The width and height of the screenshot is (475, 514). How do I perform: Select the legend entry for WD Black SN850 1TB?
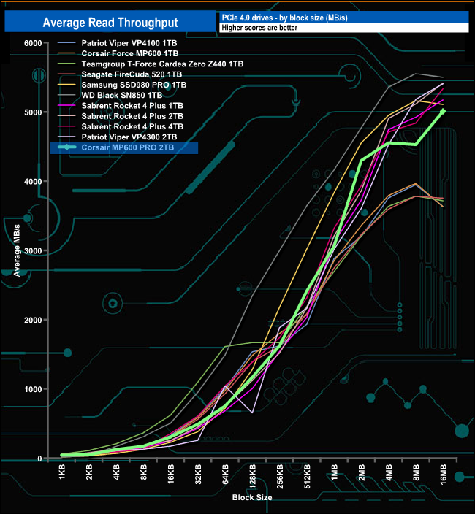click(121, 95)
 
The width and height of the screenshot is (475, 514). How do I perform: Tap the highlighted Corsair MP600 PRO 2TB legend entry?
click(129, 147)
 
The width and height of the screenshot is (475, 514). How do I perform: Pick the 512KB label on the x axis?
click(307, 477)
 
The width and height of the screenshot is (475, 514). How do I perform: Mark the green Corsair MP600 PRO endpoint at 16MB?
click(443, 111)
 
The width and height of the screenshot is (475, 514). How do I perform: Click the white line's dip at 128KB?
click(252, 413)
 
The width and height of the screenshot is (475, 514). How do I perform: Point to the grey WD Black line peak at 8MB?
click(416, 74)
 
